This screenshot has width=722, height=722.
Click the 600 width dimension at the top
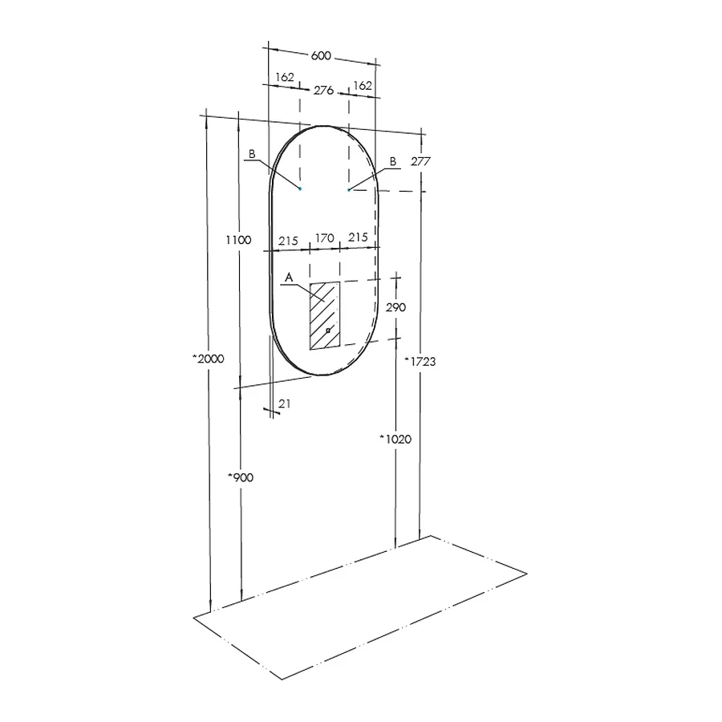[321, 55]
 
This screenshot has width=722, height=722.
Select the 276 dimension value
[323, 91]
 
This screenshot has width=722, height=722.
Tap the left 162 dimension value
[284, 77]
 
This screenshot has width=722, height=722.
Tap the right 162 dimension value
[363, 85]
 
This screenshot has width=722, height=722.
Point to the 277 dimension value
[420, 161]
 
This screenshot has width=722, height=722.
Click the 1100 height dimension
[238, 239]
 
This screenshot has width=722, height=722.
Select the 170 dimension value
[324, 238]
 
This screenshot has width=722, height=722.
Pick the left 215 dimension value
[288, 240]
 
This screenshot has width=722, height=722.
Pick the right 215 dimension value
[358, 237]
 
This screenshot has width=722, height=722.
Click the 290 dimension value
[397, 307]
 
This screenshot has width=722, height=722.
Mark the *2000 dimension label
[208, 359]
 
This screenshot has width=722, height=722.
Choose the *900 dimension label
[241, 477]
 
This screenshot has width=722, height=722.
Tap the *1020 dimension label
[395, 439]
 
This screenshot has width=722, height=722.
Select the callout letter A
[290, 277]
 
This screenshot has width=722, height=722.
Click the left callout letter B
[251, 153]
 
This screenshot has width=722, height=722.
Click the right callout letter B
[392, 161]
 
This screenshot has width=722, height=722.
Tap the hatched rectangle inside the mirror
[325, 315]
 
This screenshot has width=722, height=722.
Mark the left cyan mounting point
[300, 189]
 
